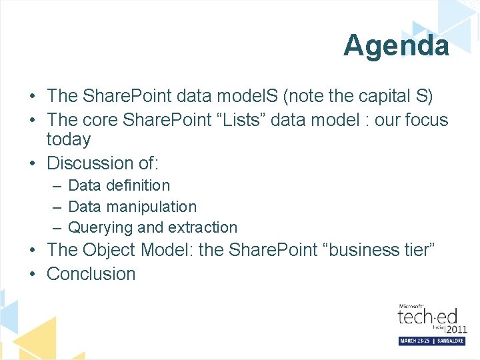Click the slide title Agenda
pos(396,45)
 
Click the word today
pos(69,139)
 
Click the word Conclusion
pos(91,273)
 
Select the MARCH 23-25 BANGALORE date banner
pos(431,341)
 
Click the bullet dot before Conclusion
pos(33,274)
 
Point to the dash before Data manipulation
pos(57,207)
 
